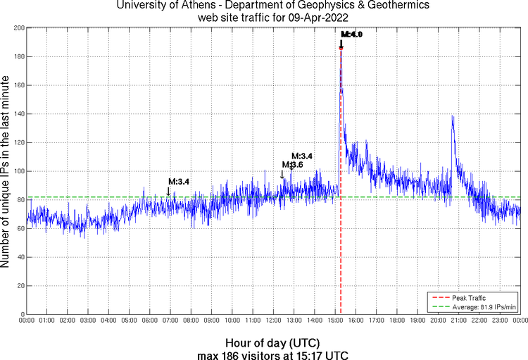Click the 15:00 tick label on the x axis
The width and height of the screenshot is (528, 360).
pos(335,321)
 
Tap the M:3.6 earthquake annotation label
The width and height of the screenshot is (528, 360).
pos(292,165)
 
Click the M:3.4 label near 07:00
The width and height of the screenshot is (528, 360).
pos(179,182)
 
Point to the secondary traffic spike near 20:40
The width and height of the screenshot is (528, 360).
pos(452,116)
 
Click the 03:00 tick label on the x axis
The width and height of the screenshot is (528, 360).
pos(89,321)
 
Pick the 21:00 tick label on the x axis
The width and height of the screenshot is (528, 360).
pos(458,321)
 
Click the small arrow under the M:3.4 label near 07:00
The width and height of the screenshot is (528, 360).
pos(168,191)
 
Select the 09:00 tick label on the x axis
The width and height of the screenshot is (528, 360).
pos(212,321)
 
